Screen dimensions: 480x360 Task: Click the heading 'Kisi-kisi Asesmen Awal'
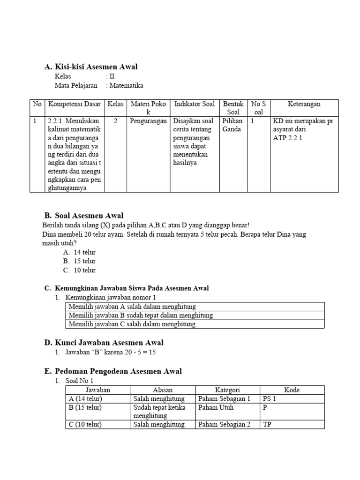[96, 67]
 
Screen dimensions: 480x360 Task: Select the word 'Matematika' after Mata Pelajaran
[127, 85]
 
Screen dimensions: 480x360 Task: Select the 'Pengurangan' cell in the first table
[149, 121]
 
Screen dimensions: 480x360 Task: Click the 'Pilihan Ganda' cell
[232, 125]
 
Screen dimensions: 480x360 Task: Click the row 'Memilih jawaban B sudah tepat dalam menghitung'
[141, 315]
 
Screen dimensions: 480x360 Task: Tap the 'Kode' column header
[292, 390]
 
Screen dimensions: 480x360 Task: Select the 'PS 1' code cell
[270, 399]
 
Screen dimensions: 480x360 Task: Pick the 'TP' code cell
[267, 425]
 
